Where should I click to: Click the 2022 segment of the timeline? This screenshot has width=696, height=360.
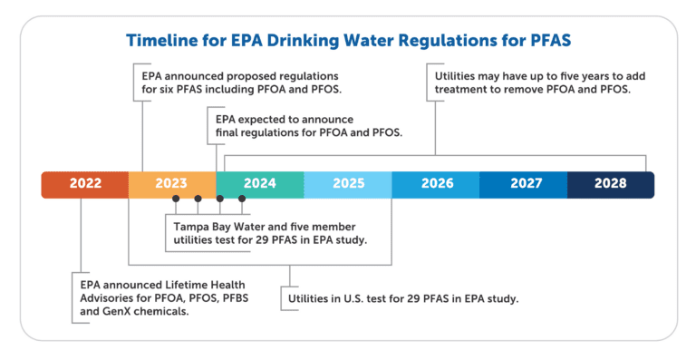(85, 184)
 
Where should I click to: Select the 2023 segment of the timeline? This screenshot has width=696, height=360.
(171, 184)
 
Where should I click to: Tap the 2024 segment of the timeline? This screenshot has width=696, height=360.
(259, 184)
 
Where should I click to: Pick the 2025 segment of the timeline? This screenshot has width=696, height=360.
(348, 184)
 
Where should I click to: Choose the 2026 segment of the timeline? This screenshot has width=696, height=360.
(436, 184)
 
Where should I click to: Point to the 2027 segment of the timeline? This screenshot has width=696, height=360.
(524, 184)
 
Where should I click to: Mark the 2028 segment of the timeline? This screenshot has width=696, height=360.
(611, 184)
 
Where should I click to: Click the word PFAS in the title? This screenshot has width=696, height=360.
(544, 41)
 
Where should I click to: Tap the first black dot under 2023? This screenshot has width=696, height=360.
(176, 198)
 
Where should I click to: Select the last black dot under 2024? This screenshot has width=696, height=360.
(242, 198)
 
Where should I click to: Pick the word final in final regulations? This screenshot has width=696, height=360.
(231, 134)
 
